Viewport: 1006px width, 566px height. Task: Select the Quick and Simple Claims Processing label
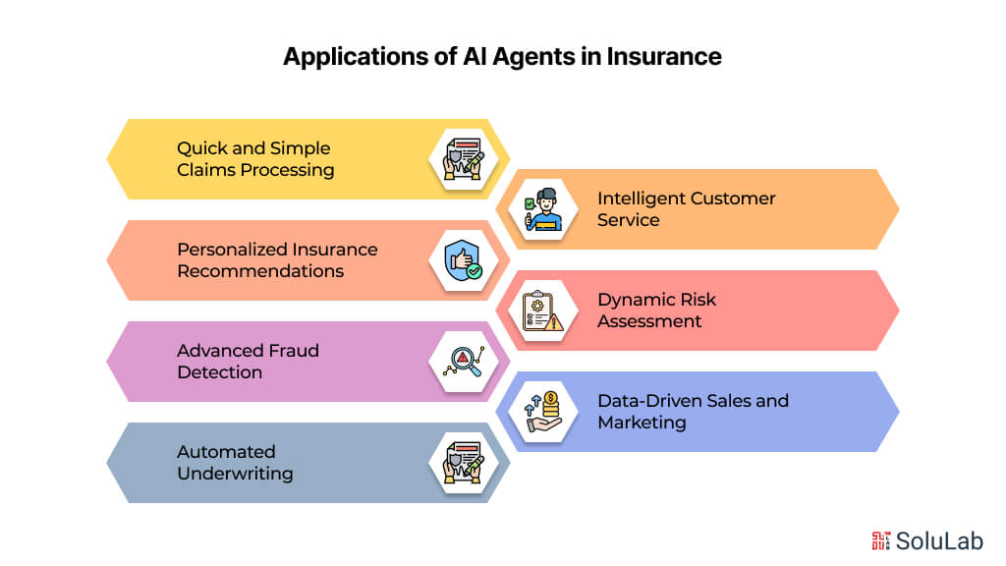254,159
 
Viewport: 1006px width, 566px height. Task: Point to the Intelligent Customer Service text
686,208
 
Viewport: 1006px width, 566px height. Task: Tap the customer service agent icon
543,209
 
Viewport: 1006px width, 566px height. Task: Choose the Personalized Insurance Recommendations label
277,260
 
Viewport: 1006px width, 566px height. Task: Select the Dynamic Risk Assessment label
657,311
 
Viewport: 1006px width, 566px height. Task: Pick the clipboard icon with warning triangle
543,311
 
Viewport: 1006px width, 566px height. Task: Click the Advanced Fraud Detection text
248,362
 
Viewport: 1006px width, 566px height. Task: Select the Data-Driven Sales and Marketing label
693,412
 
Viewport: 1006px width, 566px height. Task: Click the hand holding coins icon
543,412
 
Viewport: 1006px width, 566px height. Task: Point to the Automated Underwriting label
235,463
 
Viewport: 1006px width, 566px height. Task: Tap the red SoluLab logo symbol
881,540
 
